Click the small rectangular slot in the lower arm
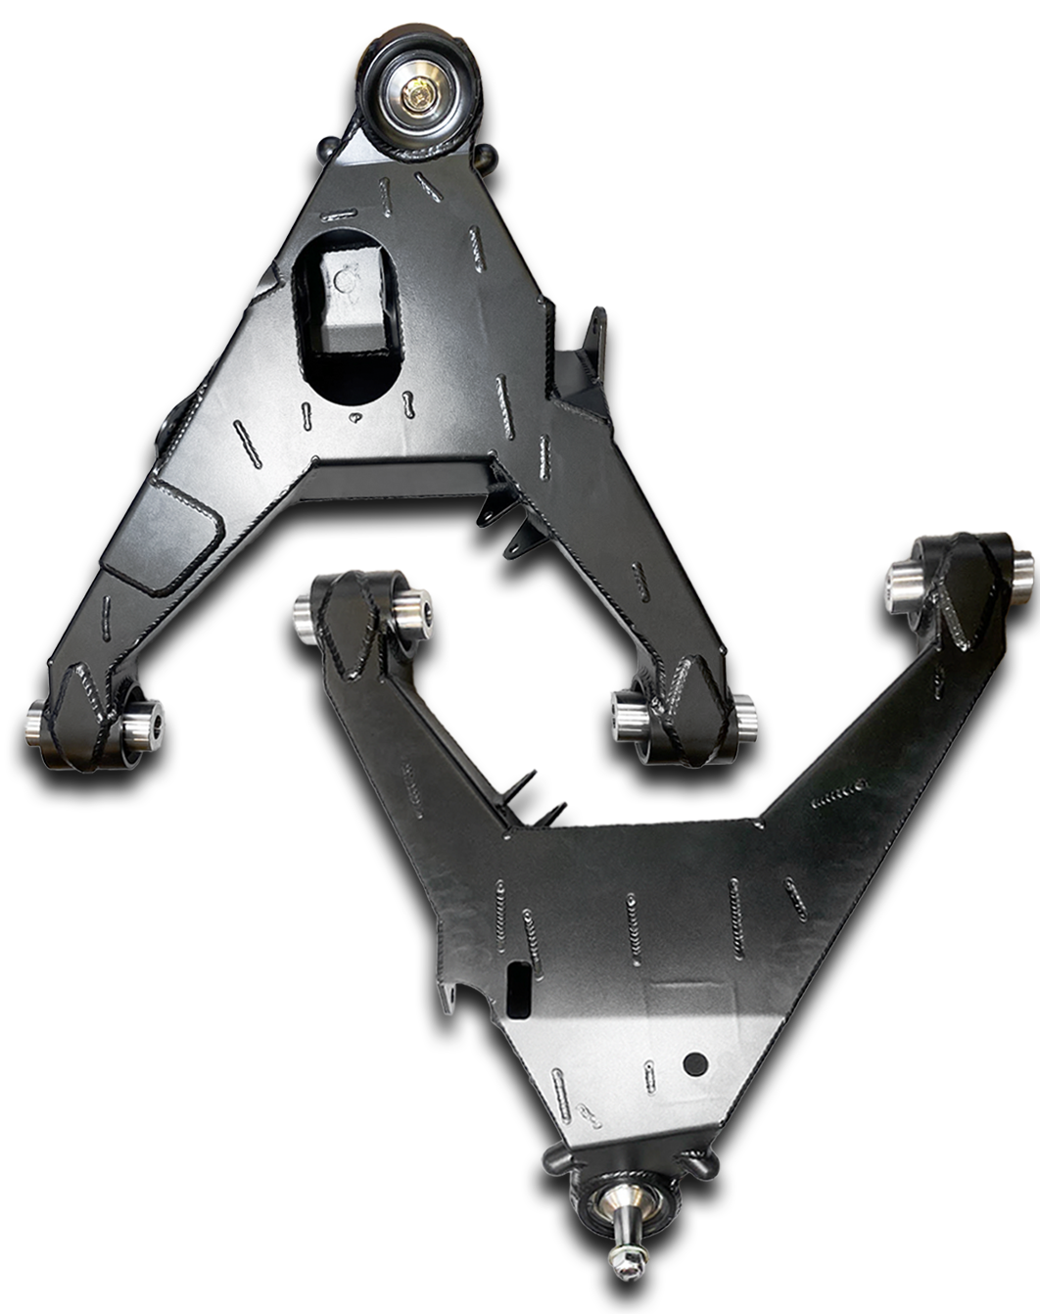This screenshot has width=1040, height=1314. tap(520, 979)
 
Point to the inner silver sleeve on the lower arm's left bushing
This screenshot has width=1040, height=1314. tap(414, 612)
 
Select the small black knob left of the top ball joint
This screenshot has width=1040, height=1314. tap(327, 150)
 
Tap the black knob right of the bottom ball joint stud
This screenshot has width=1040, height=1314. tap(702, 1165)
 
